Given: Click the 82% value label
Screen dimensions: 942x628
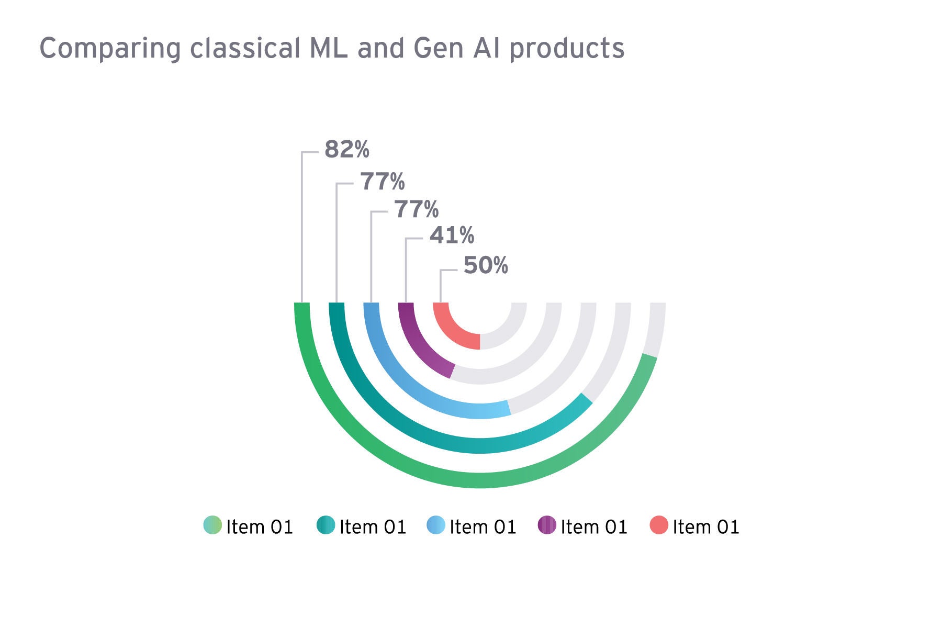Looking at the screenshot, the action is tap(346, 149).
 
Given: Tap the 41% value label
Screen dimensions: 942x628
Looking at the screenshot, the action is tap(452, 235).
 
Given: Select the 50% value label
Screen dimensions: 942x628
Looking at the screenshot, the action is tap(486, 265).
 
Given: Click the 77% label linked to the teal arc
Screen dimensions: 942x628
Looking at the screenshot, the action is tap(383, 182).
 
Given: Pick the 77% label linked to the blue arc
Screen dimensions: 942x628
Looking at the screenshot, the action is tap(417, 209).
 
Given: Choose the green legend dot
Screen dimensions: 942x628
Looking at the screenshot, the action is tap(212, 525).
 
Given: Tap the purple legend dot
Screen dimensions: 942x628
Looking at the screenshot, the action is tap(547, 525).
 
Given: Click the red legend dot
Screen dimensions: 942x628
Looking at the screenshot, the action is tap(659, 525).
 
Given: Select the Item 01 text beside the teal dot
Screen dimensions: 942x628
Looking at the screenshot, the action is tap(373, 527).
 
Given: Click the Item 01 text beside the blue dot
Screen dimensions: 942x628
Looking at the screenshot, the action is tap(483, 527).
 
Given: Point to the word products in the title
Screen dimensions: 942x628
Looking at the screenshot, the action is tap(567, 49).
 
